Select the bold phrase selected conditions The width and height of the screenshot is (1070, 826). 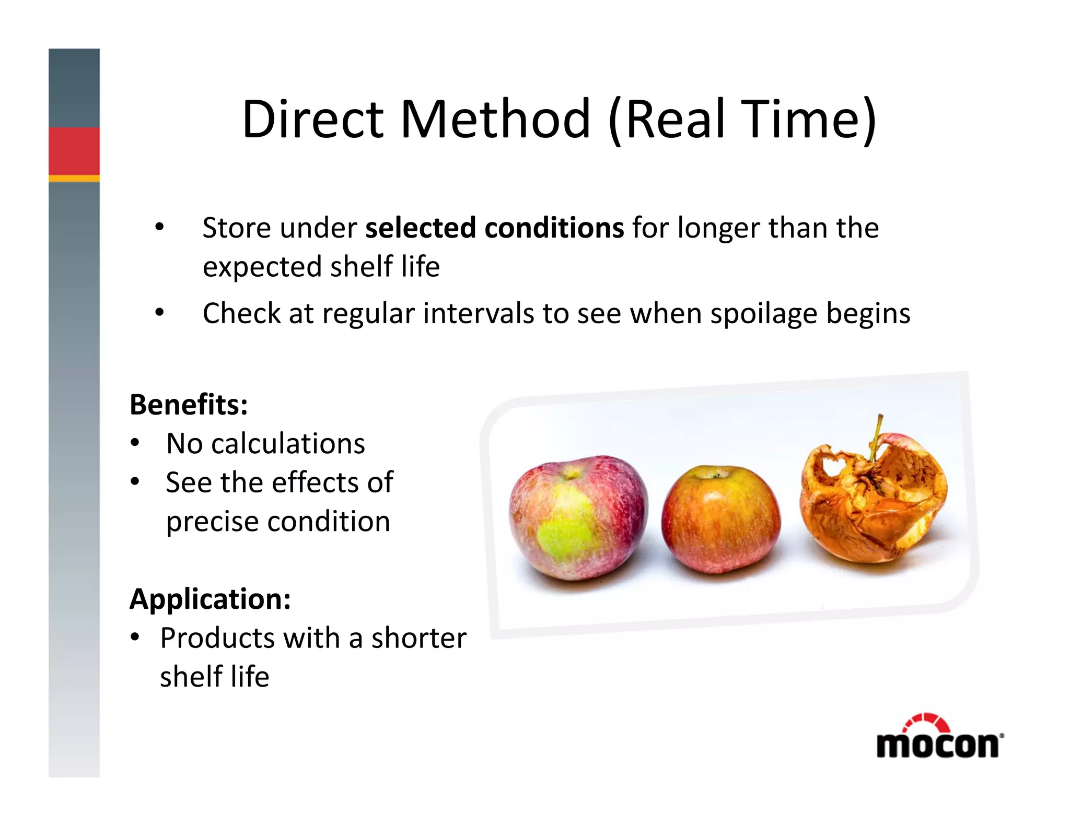coord(494,228)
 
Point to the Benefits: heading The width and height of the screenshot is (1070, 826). coord(189,405)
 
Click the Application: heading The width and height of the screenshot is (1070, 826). coord(210,599)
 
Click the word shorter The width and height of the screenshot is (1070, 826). coord(418,639)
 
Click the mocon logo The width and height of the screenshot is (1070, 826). coord(939,739)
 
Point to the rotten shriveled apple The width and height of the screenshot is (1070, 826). coord(873,501)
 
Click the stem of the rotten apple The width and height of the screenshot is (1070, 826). coord(876,435)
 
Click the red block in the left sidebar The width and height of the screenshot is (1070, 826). coord(74,151)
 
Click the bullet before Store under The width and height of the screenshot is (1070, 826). coord(159,228)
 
